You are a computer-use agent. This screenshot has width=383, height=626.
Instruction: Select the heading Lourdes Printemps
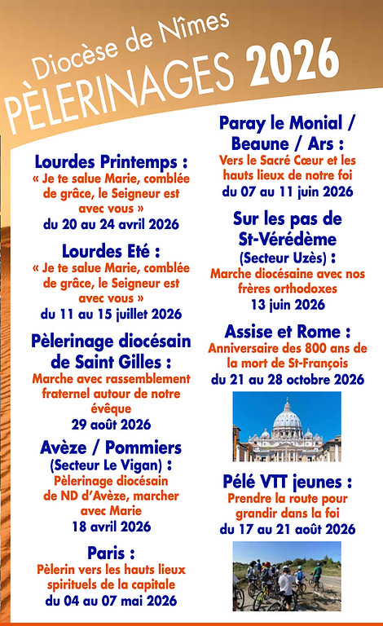[x=111, y=161]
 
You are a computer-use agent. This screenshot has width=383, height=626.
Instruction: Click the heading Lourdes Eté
[x=111, y=250]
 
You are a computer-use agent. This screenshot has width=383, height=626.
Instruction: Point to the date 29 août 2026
[x=111, y=424]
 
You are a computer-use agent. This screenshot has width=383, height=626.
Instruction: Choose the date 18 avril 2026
[x=111, y=526]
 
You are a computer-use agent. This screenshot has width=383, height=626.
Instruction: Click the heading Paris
[x=111, y=552]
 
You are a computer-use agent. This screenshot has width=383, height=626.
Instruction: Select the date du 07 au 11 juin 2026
[x=287, y=192]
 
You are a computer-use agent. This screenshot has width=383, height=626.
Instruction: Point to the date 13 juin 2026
[x=287, y=305]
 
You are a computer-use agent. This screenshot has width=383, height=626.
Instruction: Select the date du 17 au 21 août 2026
[x=287, y=530]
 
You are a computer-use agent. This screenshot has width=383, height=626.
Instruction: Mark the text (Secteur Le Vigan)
[x=111, y=465]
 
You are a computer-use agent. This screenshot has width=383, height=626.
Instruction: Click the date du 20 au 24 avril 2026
[x=111, y=223]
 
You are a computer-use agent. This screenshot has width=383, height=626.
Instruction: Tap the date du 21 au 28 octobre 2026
[x=287, y=379]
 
